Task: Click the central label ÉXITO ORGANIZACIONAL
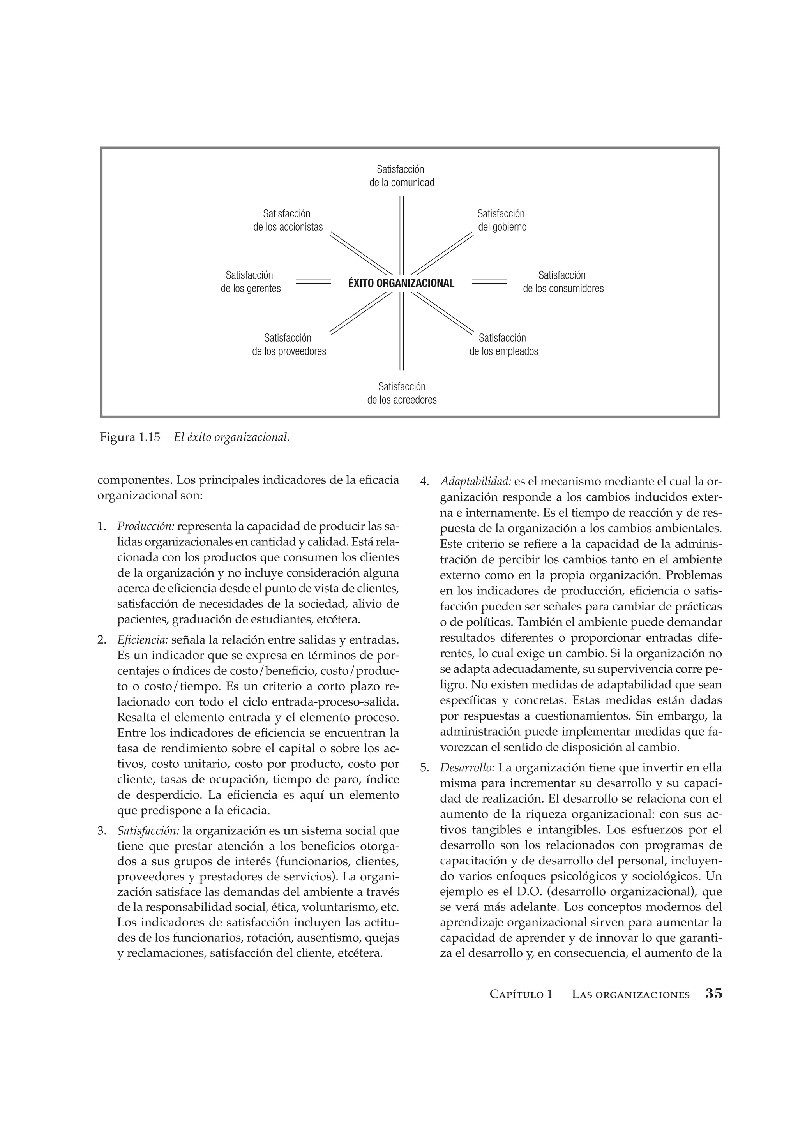tap(401, 283)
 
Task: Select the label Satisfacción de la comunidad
tap(402, 176)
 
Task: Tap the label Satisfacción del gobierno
tap(501, 220)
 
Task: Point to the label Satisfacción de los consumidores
tap(563, 282)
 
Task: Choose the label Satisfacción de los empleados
tap(503, 345)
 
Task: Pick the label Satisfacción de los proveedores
tap(289, 345)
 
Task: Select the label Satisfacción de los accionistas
tap(288, 220)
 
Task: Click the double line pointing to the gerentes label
tap(313, 282)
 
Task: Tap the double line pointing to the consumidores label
tap(489, 282)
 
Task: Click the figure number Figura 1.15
tap(130, 437)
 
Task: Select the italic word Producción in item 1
tap(146, 527)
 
